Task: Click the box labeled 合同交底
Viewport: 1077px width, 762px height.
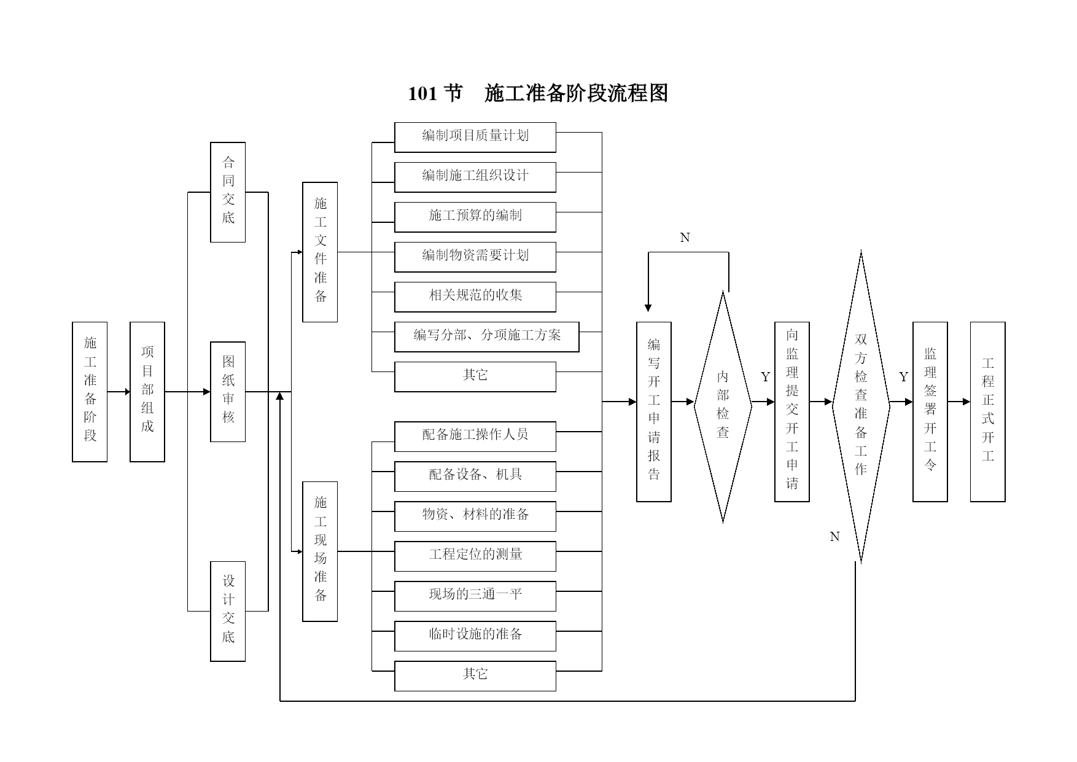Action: [x=228, y=192]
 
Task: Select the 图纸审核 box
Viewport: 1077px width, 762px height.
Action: [x=228, y=392]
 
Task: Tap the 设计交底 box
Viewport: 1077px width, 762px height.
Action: [x=228, y=612]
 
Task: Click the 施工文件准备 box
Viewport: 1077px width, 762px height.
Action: [x=320, y=252]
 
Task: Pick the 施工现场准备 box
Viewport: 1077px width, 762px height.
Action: [x=320, y=551]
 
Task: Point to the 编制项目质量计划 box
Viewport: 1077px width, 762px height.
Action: [x=475, y=138]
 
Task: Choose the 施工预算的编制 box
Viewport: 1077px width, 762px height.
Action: [x=475, y=217]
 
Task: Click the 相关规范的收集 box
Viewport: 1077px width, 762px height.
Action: [x=475, y=297]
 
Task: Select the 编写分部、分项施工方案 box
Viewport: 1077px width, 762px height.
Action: [x=487, y=337]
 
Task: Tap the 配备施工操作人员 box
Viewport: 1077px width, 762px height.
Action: [x=475, y=437]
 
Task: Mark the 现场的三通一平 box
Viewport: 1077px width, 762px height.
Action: [x=475, y=596]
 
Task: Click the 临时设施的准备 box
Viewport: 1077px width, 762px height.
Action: [x=475, y=636]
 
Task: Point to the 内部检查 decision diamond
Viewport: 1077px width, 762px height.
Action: [x=723, y=406]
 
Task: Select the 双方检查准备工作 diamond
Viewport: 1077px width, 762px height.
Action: [x=861, y=406]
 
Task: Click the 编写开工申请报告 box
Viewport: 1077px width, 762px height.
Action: [x=654, y=412]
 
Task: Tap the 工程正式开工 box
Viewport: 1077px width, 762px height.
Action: [x=988, y=412]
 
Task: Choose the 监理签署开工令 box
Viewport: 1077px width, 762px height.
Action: [x=930, y=412]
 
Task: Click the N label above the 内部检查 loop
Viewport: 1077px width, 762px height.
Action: [x=685, y=238]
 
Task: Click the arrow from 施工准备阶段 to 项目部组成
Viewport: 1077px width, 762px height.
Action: [x=119, y=392]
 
